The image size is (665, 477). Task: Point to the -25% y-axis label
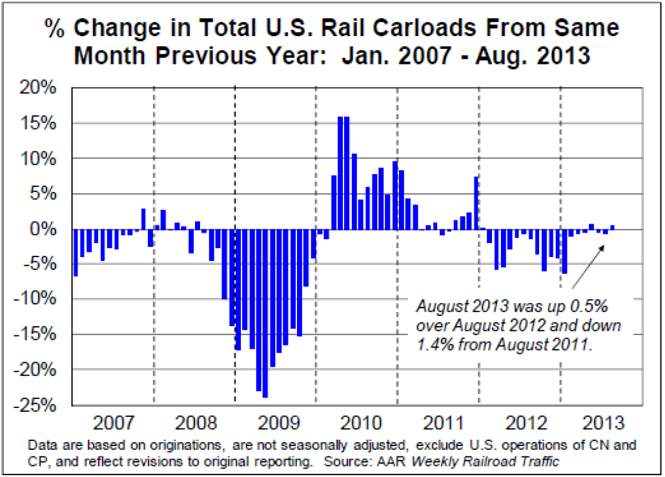click(40, 405)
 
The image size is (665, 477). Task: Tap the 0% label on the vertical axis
click(48, 229)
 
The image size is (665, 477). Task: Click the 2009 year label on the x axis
click(275, 423)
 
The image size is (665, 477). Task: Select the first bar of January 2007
click(76, 252)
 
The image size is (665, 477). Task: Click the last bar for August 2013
click(612, 227)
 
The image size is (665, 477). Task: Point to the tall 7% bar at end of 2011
click(476, 202)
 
